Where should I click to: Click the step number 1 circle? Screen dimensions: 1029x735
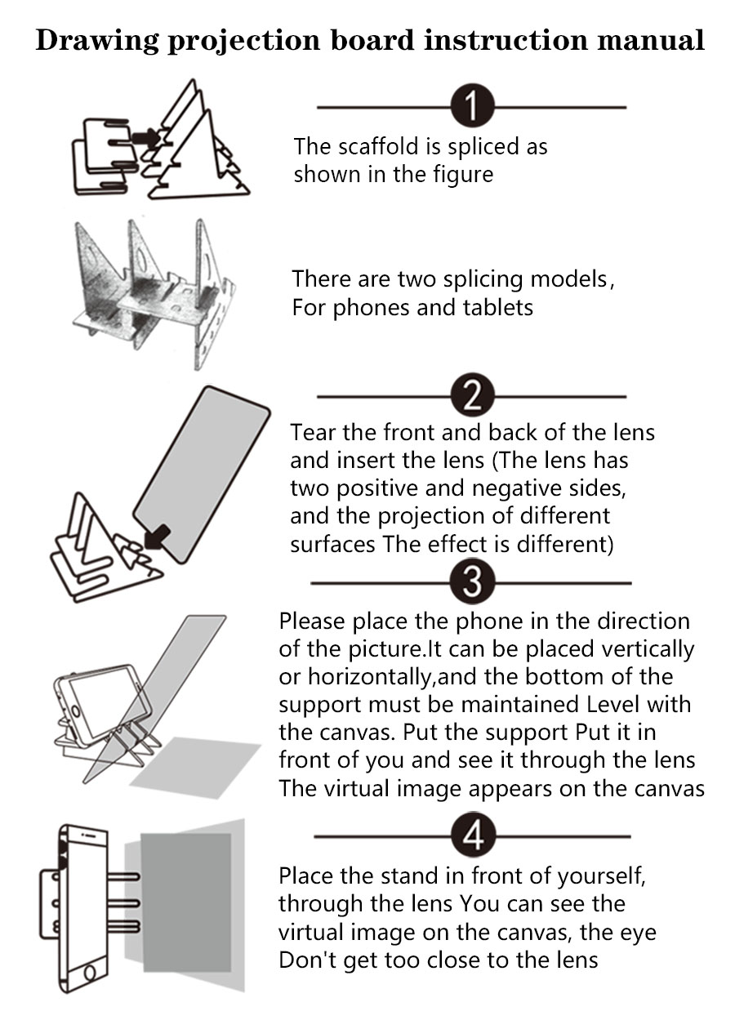[472, 107]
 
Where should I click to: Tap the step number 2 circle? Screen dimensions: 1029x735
[472, 398]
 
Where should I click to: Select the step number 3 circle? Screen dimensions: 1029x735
[472, 583]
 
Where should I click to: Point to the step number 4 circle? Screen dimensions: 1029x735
[472, 837]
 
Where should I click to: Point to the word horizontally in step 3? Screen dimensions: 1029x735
[359, 676]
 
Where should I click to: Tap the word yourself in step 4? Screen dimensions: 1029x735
[603, 876]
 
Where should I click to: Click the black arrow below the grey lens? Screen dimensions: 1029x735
[158, 536]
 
